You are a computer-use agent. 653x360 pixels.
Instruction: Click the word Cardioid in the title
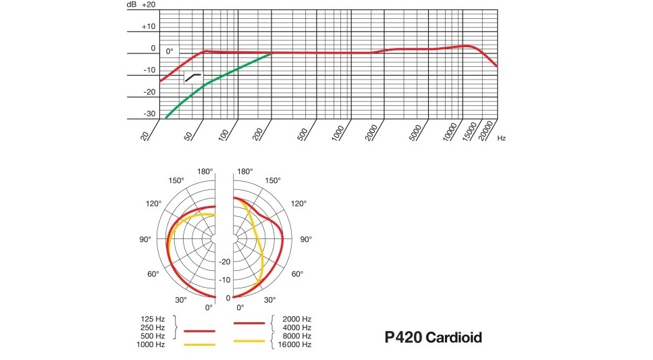454,337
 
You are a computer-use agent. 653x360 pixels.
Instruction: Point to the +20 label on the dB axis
149,5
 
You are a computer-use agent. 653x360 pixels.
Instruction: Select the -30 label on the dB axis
149,113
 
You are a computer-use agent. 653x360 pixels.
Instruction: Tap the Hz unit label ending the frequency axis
501,138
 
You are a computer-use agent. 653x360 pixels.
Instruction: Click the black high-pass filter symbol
193,77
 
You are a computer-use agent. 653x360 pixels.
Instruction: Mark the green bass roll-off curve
216,79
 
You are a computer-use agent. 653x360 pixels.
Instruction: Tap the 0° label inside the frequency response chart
169,50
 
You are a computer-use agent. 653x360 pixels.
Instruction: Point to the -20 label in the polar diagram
225,262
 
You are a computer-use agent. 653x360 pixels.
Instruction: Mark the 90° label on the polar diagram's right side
305,240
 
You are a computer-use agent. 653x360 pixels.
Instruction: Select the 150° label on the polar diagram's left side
177,180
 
